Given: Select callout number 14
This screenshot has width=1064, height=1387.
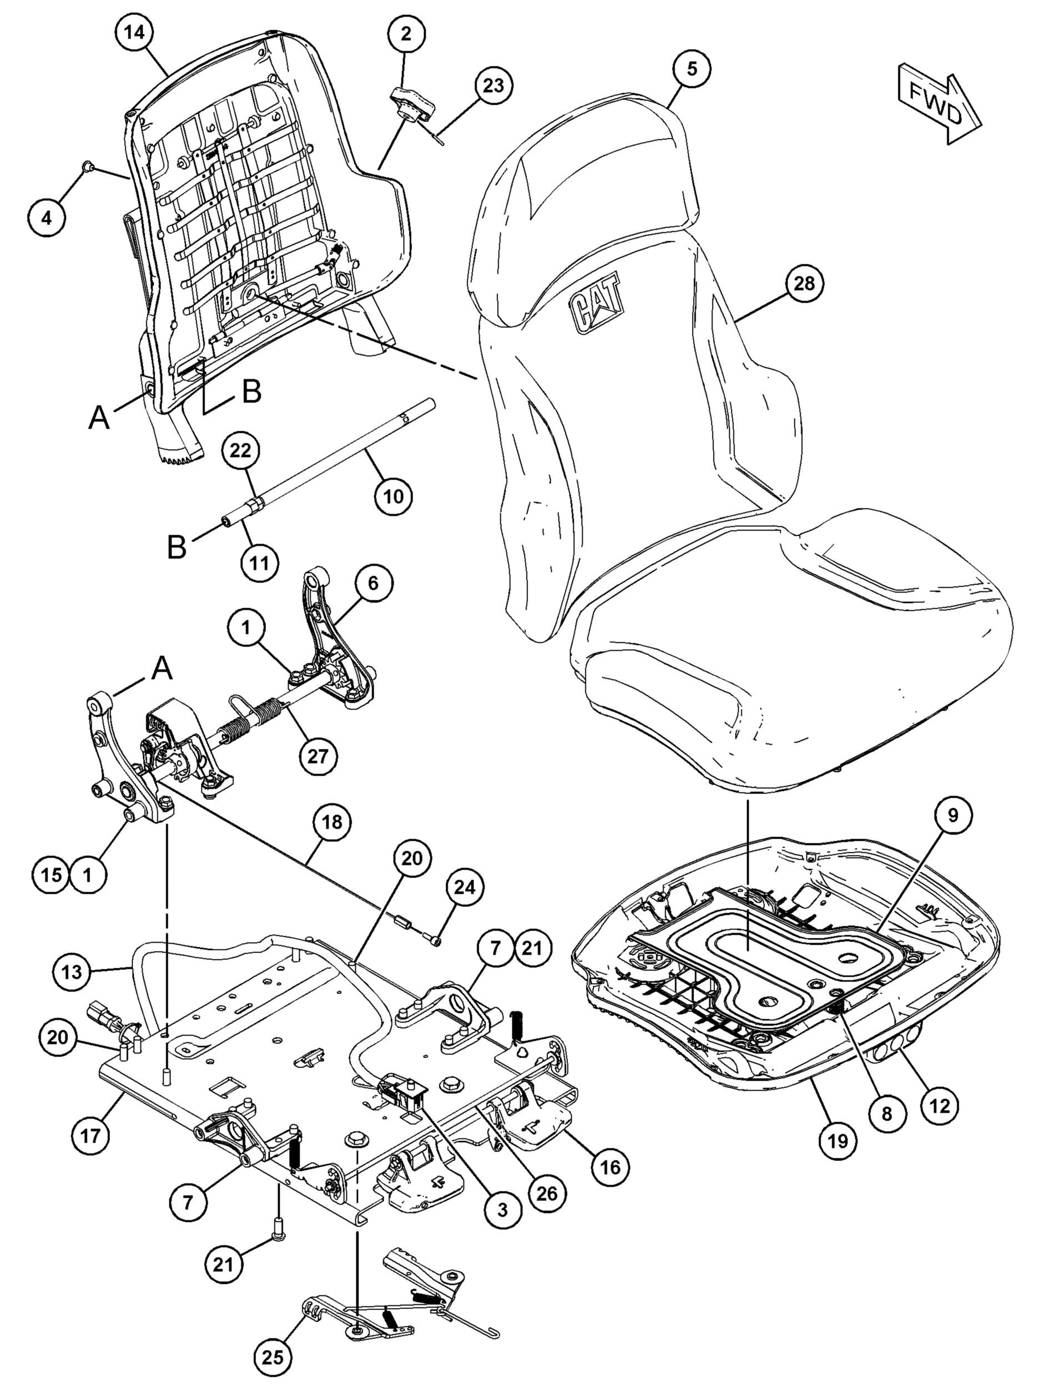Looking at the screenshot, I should (134, 33).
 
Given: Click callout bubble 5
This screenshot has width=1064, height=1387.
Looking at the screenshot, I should (692, 68).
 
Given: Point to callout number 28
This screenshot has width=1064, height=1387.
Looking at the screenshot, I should (804, 284).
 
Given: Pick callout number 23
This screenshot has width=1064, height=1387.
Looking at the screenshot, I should (493, 85).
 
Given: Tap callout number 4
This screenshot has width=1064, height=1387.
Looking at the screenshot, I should (47, 218).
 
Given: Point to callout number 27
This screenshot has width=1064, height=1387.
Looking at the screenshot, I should (318, 754).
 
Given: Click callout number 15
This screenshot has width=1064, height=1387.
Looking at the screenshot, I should (52, 875).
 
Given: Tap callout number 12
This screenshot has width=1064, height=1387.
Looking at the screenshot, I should (940, 1106).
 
